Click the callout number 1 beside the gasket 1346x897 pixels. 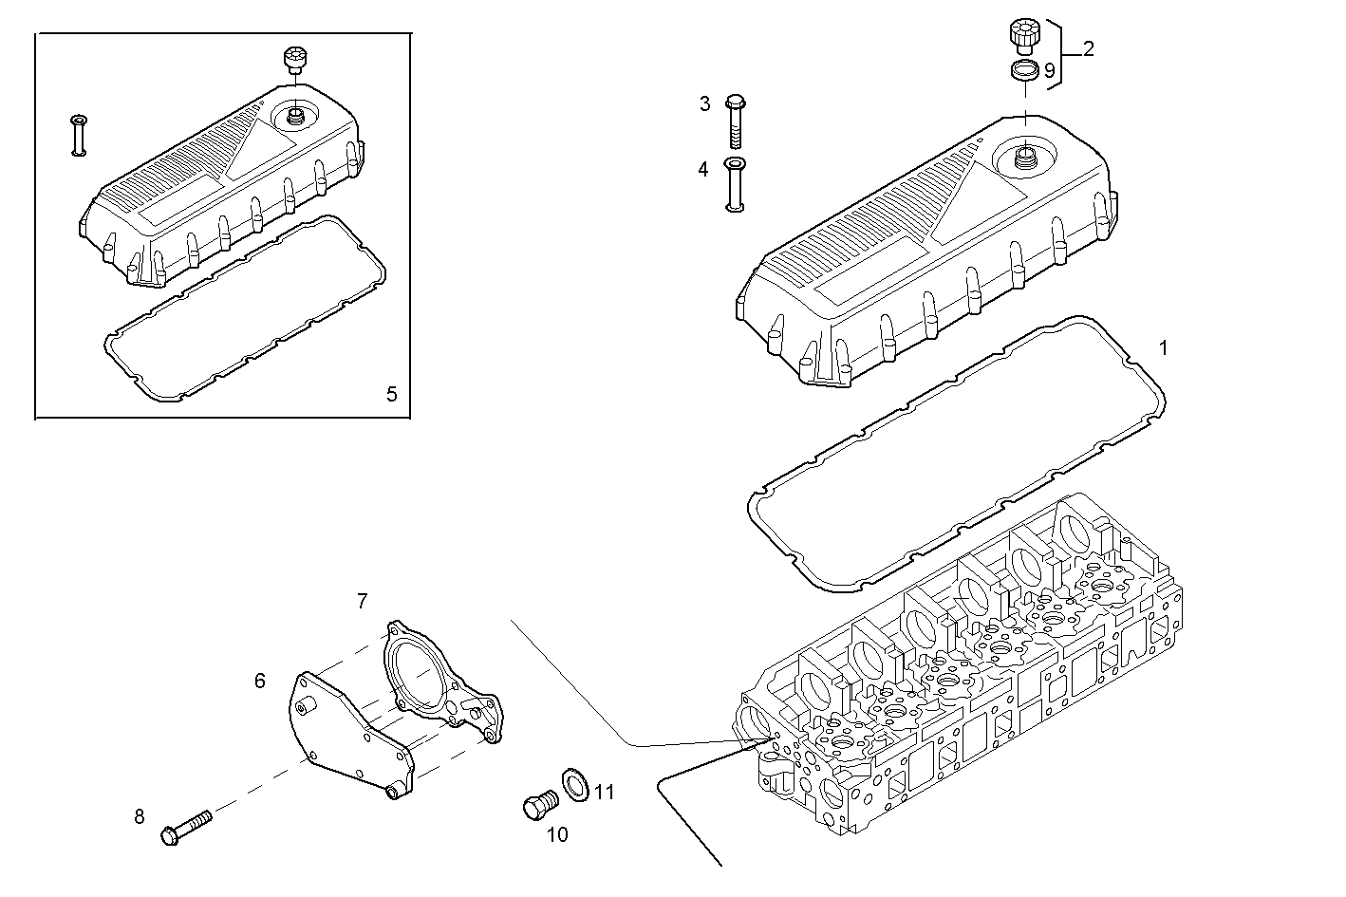[1164, 347]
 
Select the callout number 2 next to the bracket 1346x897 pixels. [1088, 49]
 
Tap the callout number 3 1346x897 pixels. [705, 103]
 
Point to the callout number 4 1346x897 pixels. [703, 170]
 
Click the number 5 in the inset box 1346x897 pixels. [392, 394]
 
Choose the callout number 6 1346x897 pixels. [259, 681]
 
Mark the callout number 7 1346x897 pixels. [362, 601]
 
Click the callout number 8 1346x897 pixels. [140, 816]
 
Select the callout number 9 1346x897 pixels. [1049, 70]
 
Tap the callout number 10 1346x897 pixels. [557, 834]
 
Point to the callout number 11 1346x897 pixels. [605, 792]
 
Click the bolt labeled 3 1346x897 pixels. [737, 121]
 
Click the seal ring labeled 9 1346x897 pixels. [1023, 70]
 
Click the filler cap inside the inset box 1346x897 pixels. [295, 60]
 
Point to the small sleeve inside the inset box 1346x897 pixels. [79, 134]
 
